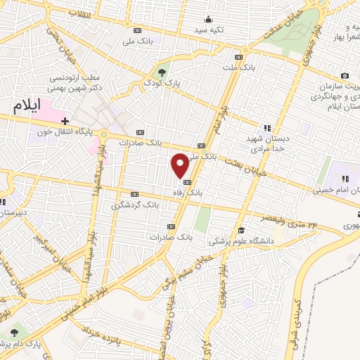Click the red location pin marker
click(180, 165)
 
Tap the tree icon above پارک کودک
click(162, 72)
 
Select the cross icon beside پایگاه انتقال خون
click(65, 121)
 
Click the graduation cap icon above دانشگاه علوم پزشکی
click(240, 230)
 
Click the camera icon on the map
click(345, 76)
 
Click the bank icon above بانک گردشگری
click(135, 195)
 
